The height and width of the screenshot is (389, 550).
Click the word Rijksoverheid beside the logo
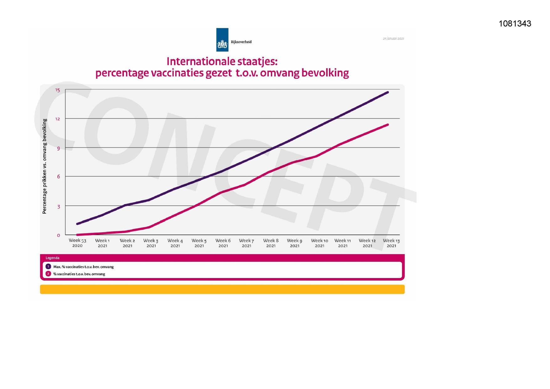point(241,42)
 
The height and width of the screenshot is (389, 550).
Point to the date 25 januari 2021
point(393,39)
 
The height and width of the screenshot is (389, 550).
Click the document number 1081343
point(515,24)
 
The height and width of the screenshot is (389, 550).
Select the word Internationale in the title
point(200,61)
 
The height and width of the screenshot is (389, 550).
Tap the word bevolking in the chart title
point(325,73)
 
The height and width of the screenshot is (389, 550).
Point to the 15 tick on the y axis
point(58,90)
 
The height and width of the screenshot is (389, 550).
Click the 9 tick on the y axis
point(58,148)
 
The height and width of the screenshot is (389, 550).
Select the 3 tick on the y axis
point(58,207)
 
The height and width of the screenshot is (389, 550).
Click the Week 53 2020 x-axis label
point(77,243)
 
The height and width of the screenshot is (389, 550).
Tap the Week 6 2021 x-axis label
point(223,243)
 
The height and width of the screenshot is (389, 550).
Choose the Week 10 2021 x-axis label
point(320,243)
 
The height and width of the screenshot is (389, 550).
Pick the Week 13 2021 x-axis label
point(391,243)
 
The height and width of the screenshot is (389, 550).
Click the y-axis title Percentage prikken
point(45,166)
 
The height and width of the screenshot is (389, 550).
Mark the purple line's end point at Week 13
point(388,92)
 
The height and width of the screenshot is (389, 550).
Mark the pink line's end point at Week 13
point(388,125)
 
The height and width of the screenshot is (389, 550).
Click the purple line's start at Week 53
point(77,224)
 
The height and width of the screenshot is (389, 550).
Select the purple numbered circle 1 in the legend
point(48,266)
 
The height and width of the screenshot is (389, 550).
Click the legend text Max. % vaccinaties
point(83,267)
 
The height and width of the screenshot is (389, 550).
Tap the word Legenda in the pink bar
point(52,258)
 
